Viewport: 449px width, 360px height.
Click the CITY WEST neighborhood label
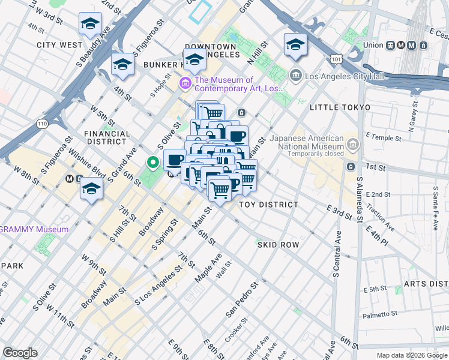(59, 45)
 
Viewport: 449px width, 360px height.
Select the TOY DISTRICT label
(268, 205)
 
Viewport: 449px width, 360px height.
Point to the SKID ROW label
(278, 245)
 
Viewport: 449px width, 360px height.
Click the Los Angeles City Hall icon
(295, 76)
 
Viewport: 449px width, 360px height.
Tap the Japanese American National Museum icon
(353, 144)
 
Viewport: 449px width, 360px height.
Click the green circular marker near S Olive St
(153, 161)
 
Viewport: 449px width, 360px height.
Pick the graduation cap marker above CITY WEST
(90, 25)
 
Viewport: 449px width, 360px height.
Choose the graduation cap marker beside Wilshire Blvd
(91, 188)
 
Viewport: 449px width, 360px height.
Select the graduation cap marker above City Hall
(295, 45)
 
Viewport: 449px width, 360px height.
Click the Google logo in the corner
(20, 353)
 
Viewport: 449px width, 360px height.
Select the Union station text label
(373, 45)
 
